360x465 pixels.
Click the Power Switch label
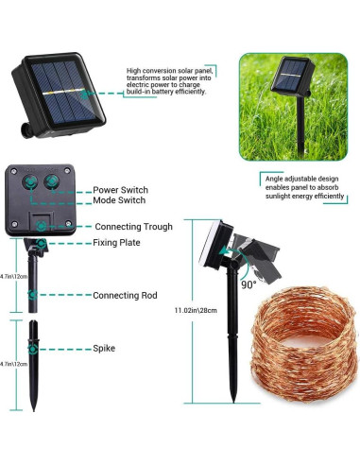click(x=120, y=190)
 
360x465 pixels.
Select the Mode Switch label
click(x=119, y=200)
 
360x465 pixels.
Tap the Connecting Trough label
click(x=133, y=227)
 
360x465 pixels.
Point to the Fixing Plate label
click(x=116, y=243)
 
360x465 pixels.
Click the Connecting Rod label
click(x=125, y=296)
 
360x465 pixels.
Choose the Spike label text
click(x=104, y=349)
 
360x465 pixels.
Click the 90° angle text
click(x=249, y=284)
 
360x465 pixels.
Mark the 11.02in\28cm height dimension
click(x=196, y=310)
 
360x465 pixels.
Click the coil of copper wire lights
click(x=305, y=344)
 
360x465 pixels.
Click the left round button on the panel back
click(x=30, y=181)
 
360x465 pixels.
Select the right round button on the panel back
click(x=51, y=181)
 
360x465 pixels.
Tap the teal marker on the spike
click(x=33, y=349)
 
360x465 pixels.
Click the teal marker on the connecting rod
click(x=33, y=295)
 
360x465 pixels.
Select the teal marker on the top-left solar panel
click(x=84, y=94)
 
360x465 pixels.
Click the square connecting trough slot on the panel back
click(x=42, y=223)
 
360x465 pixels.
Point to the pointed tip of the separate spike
click(x=34, y=410)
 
